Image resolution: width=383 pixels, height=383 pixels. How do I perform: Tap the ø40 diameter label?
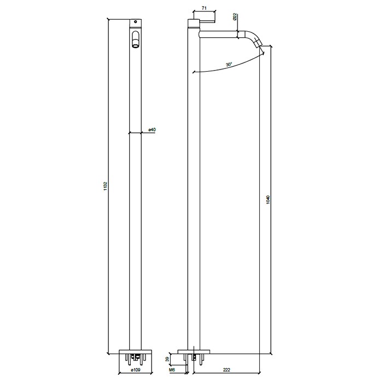tap(152, 130)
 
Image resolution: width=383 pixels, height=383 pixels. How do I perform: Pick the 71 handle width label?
tap(204, 9)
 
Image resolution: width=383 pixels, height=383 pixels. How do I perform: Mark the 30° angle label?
tap(229, 64)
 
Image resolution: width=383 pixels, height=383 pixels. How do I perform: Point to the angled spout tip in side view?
tap(259, 48)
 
